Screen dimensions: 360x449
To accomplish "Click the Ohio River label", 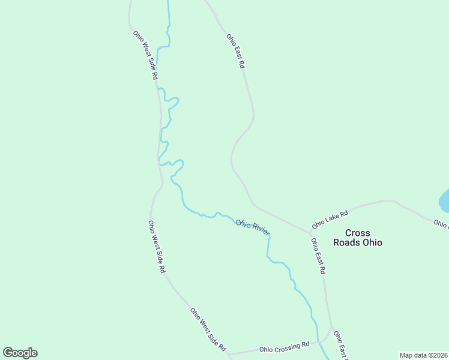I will tap(253, 227).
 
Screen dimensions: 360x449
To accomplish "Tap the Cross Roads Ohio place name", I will tap(358, 238).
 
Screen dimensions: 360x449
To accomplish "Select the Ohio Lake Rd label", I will tap(330, 220).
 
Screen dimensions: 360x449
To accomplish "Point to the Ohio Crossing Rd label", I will tap(284, 347).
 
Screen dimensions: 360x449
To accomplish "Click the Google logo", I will tap(20, 353).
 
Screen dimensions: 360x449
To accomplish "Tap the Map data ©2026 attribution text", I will tap(423, 355).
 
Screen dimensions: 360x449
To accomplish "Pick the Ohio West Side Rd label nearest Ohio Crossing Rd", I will tap(208, 329).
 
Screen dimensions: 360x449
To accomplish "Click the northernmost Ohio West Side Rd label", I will tap(145, 55).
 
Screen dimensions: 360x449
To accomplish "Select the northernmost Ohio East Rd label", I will tap(236, 50).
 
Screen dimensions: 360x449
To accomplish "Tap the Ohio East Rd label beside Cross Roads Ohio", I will tap(318, 256).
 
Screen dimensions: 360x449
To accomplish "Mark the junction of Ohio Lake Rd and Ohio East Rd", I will tap(310, 232).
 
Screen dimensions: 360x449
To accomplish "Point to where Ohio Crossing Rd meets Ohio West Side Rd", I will tap(228, 354).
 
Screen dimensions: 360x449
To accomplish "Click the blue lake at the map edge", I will tap(445, 201).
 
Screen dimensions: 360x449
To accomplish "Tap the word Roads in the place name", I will tap(351, 243).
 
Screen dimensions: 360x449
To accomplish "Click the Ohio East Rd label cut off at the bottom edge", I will tap(340, 346).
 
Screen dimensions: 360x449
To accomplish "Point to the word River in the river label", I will tap(261, 229).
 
